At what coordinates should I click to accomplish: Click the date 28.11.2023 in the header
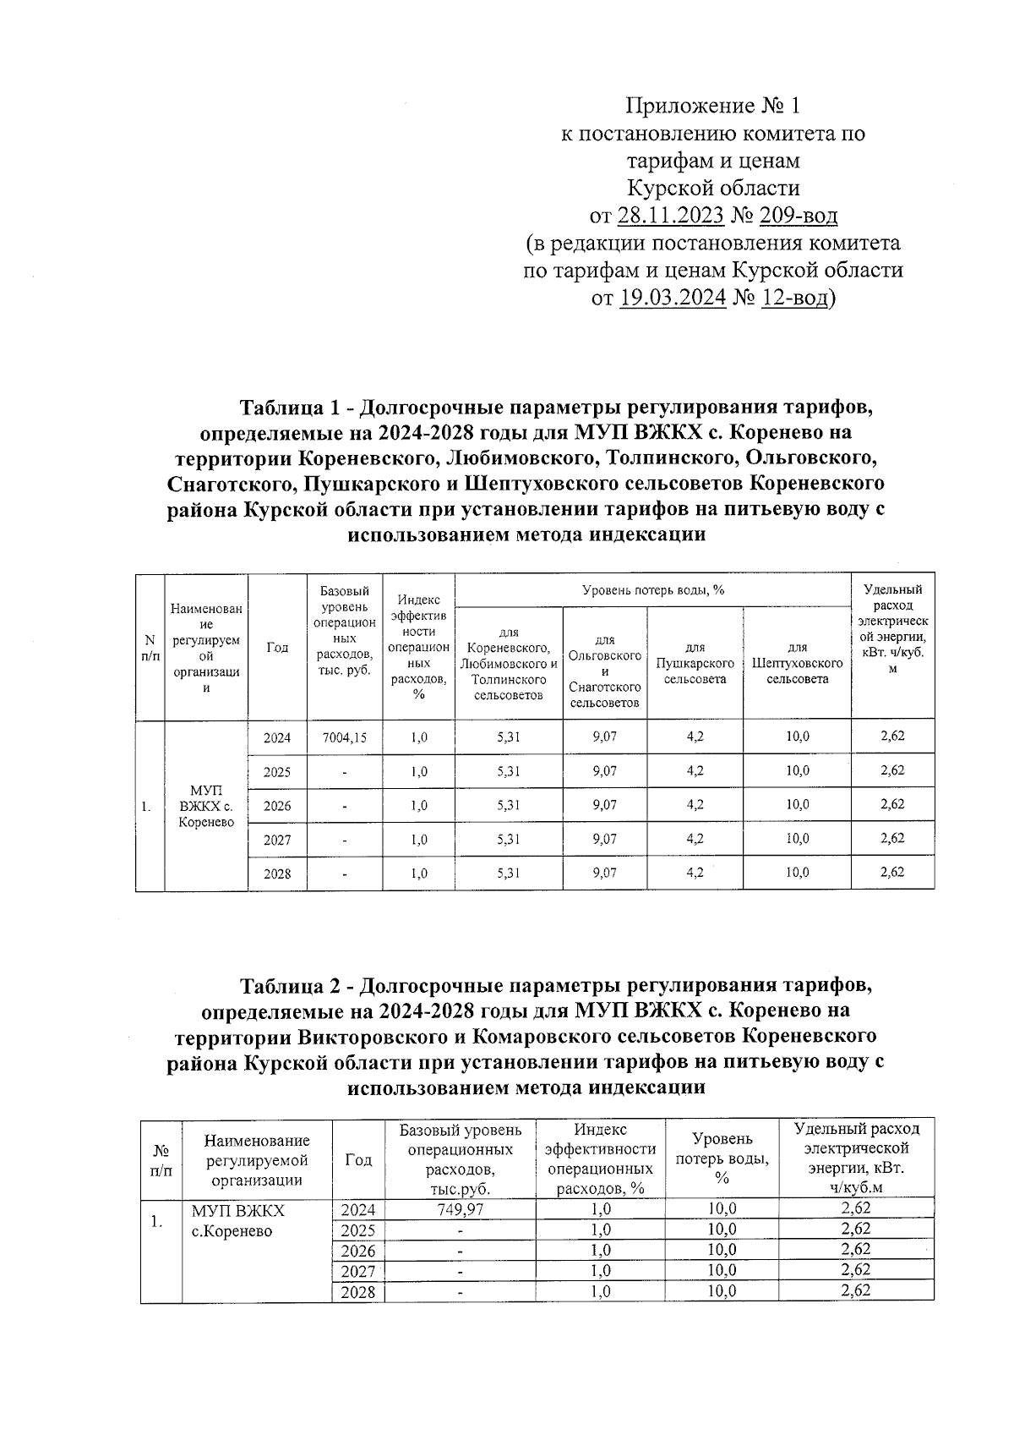(x=670, y=216)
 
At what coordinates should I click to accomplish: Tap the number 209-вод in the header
(x=798, y=216)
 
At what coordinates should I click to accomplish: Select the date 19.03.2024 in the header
(x=673, y=298)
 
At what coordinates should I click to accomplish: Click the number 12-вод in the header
(x=793, y=298)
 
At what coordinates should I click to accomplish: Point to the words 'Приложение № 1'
(x=711, y=106)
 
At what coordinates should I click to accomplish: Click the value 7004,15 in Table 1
(x=345, y=737)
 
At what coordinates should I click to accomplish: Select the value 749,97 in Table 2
(x=461, y=1209)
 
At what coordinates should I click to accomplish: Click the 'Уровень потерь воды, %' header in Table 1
(x=653, y=590)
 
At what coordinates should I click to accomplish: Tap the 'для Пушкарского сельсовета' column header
(x=695, y=664)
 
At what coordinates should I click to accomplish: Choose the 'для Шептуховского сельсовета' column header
(x=797, y=664)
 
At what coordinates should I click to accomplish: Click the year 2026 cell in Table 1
(x=277, y=806)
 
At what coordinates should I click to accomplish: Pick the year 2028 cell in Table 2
(x=357, y=1292)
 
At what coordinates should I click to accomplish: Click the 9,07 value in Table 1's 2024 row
(x=605, y=737)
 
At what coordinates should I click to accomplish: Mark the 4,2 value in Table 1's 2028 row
(x=695, y=874)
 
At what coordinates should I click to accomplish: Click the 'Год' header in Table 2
(x=358, y=1159)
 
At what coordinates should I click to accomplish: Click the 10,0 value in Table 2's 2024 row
(x=722, y=1209)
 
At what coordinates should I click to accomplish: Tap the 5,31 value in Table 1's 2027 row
(x=509, y=840)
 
